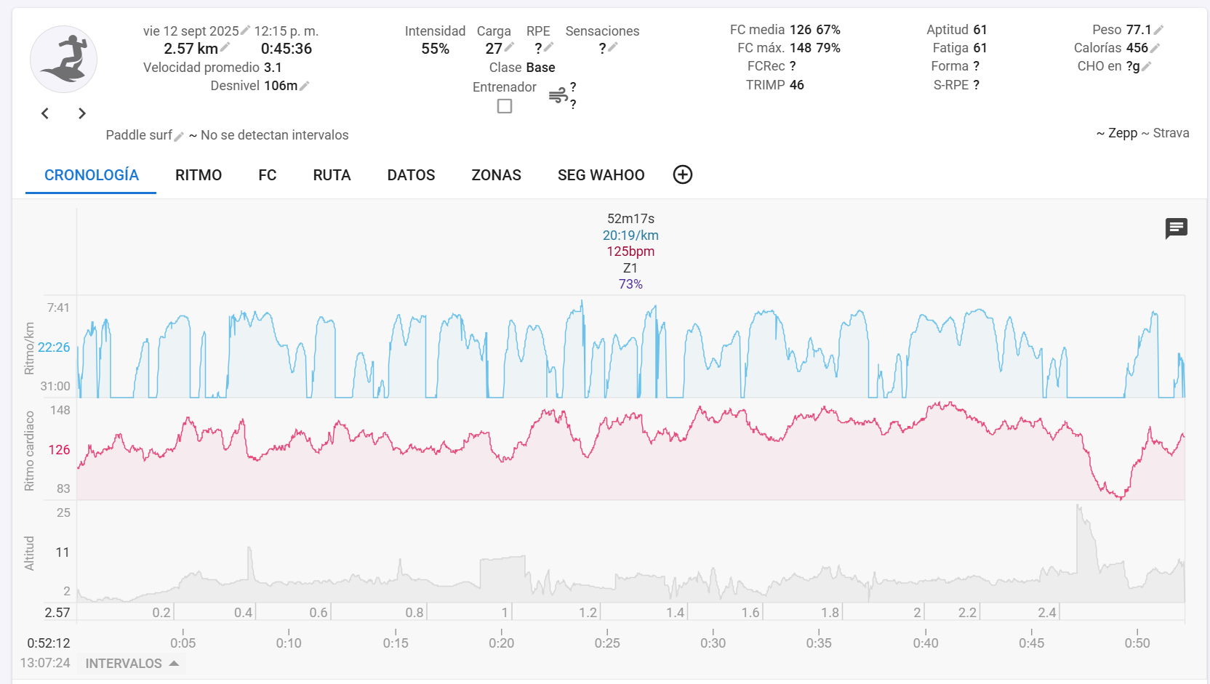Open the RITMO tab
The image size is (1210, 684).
pos(199,175)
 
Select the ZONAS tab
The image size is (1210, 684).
pos(496,175)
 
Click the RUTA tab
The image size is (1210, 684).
pos(332,175)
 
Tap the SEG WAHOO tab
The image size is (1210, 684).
pos(601,175)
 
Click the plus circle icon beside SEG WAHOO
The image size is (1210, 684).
pos(682,174)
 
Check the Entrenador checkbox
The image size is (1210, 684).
pos(505,106)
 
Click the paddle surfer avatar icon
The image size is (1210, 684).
pos(64,60)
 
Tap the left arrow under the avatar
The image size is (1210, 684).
pos(45,113)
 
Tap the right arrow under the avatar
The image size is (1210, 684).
pos(82,113)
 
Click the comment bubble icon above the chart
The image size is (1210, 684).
pos(1176,228)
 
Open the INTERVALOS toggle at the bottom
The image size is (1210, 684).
pos(132,664)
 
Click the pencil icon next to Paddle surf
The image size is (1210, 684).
pos(179,136)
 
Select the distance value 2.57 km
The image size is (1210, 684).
pos(191,49)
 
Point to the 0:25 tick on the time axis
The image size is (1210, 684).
pos(607,643)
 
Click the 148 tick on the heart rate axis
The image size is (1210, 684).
pos(60,410)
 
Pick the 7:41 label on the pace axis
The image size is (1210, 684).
pos(58,307)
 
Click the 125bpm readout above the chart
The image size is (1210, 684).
pos(630,252)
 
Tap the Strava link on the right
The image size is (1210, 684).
pos(1171,133)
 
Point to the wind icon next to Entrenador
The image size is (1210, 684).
pos(558,95)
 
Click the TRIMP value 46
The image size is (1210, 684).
pos(797,85)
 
